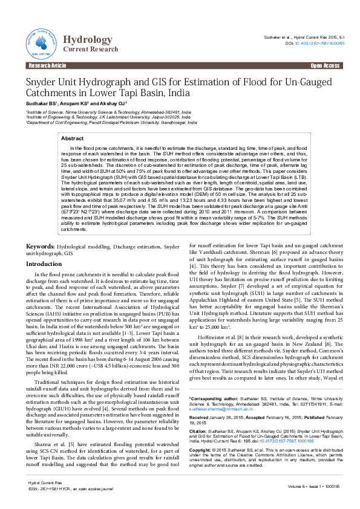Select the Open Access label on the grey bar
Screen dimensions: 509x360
click(x=325, y=65)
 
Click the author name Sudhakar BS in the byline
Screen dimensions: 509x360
click(x=39, y=104)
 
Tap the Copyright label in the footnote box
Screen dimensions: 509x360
click(x=200, y=450)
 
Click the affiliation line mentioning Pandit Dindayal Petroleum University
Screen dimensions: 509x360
click(x=111, y=122)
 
